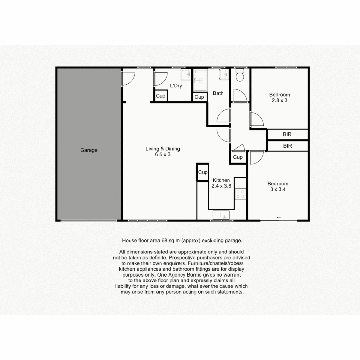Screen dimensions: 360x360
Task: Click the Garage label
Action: pyautogui.click(x=89, y=150)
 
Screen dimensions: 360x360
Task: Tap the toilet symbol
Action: pyautogui.click(x=240, y=75)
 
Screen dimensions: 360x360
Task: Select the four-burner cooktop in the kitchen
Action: pyautogui.click(x=240, y=194)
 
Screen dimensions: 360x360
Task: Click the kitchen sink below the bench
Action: pyautogui.click(x=221, y=215)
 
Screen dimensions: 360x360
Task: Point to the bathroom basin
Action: pyautogui.click(x=224, y=74)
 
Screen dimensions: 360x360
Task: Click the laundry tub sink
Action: pyautogui.click(x=186, y=74)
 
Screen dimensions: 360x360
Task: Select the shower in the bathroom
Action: pyautogui.click(x=200, y=80)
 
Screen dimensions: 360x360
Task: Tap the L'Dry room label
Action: pyautogui.click(x=176, y=86)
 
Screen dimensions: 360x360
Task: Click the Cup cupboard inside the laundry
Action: pyautogui.click(x=161, y=96)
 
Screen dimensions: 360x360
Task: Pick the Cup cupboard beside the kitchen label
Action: pyautogui.click(x=203, y=172)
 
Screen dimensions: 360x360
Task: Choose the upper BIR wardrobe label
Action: pyautogui.click(x=287, y=134)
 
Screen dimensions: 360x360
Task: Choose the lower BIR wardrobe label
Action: pyautogui.click(x=287, y=146)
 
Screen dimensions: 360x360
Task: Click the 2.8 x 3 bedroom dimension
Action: pyautogui.click(x=280, y=100)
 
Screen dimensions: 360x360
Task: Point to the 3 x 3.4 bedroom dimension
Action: pyautogui.click(x=278, y=189)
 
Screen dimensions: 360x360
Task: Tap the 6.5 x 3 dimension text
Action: pyautogui.click(x=163, y=154)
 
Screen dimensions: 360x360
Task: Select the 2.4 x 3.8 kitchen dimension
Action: pyautogui.click(x=221, y=186)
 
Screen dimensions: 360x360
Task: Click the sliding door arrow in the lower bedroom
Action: pyautogui.click(x=279, y=217)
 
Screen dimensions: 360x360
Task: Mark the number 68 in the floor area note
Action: pyautogui.click(x=164, y=241)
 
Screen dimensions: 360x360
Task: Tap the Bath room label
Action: pyautogui.click(x=218, y=93)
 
